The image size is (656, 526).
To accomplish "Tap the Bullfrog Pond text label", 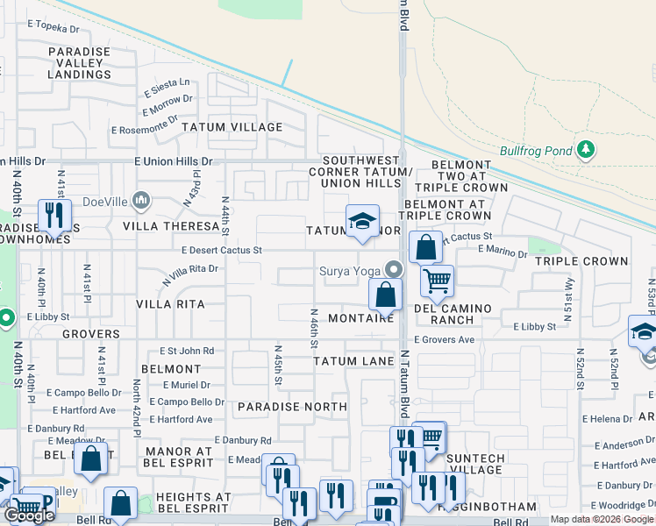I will click(535, 150).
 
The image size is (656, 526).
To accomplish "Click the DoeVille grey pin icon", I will click(139, 201).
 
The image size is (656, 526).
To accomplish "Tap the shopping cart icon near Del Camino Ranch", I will click(437, 281).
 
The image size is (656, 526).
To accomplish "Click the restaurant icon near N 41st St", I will click(55, 216).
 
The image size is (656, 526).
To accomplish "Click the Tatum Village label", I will click(232, 127).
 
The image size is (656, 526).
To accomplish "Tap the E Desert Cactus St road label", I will click(221, 250).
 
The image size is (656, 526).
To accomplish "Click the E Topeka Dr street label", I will click(59, 28).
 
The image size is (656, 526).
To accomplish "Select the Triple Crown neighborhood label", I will click(581, 261).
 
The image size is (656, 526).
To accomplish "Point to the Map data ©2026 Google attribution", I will click(602, 520).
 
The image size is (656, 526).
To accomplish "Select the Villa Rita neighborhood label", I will click(170, 304).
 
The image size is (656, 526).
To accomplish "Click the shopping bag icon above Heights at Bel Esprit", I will click(121, 503).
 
